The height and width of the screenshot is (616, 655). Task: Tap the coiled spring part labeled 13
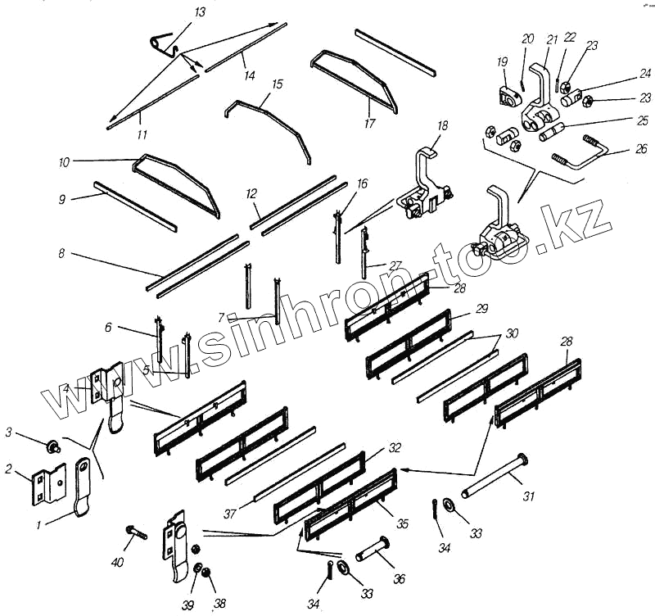click(161, 43)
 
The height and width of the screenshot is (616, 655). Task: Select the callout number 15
click(277, 84)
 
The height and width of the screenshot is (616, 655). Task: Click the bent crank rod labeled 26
click(583, 152)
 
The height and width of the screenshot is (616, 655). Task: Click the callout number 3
click(9, 432)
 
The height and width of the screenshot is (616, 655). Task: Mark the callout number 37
click(231, 514)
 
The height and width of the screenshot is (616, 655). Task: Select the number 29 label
click(481, 308)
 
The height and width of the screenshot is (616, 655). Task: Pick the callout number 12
click(251, 193)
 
